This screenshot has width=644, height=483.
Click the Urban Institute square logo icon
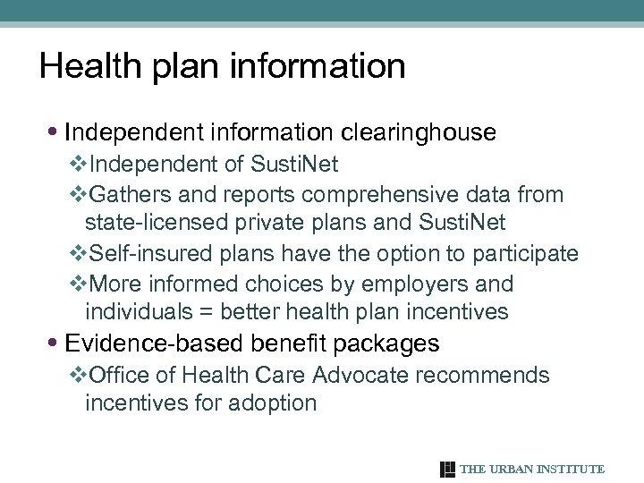(448, 470)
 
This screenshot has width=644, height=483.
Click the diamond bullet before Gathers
(77, 194)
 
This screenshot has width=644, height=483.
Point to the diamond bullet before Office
(77, 374)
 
